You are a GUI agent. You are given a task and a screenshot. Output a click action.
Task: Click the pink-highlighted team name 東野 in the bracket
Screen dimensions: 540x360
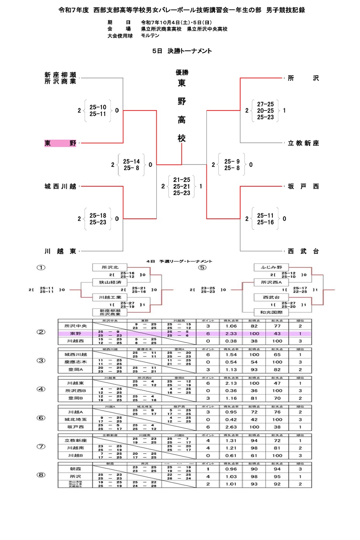(x=60, y=143)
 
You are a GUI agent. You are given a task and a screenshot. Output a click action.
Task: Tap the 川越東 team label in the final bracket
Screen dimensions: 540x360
(x=60, y=251)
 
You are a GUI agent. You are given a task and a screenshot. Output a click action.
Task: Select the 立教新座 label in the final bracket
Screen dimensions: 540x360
(x=303, y=143)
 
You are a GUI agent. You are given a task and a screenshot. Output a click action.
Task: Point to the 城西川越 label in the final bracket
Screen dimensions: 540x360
(x=60, y=187)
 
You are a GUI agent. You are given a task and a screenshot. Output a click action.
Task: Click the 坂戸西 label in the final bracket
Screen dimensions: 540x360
(x=303, y=187)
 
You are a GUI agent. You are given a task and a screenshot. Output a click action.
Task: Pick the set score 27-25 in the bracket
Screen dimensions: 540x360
(x=265, y=104)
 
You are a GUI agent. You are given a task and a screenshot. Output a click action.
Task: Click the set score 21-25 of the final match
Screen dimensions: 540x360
(x=182, y=180)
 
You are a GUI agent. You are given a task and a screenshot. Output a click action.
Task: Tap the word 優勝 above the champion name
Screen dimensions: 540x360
(x=182, y=73)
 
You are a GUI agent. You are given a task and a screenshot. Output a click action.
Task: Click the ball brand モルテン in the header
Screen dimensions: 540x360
(x=150, y=36)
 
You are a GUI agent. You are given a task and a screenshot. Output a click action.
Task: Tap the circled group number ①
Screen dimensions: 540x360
(x=41, y=267)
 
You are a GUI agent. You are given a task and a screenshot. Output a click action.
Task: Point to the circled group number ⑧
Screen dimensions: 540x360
(x=41, y=475)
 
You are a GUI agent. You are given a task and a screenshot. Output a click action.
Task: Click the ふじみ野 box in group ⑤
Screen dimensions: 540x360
(x=272, y=267)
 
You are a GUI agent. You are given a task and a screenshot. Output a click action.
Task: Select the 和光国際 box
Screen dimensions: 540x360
(x=272, y=312)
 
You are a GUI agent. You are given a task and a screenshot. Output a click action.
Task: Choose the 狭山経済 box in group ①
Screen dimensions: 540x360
(x=110, y=282)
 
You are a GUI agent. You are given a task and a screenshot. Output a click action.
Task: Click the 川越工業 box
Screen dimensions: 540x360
(x=110, y=297)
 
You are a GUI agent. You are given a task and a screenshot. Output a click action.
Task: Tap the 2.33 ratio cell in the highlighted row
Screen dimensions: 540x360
(x=231, y=334)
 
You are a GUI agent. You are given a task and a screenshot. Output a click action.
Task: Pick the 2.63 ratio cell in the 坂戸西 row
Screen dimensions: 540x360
(x=231, y=427)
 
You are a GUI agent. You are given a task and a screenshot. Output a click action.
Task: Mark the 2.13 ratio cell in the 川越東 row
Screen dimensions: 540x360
(x=231, y=383)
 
